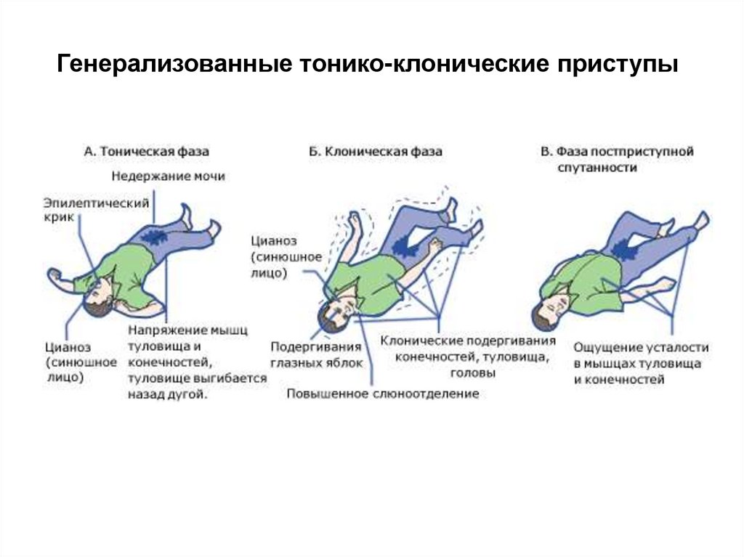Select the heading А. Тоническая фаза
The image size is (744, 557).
[x=146, y=152]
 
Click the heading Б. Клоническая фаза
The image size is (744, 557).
[x=375, y=152]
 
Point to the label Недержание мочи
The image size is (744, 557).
[x=169, y=176]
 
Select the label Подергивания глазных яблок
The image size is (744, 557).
[x=316, y=355]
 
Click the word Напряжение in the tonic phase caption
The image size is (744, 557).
[x=160, y=331]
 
